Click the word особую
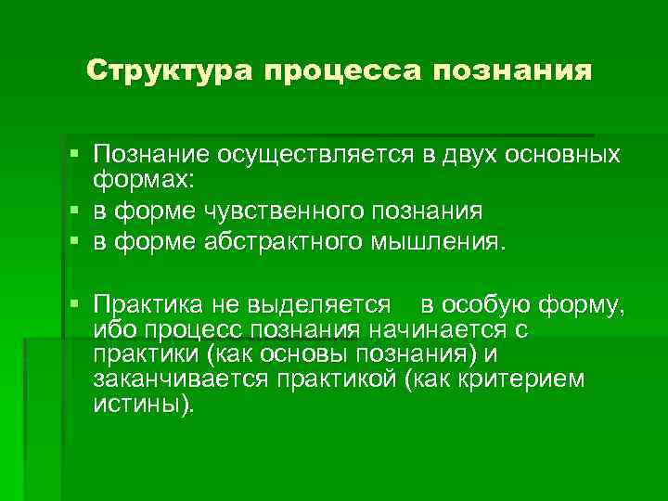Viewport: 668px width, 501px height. pos(492,304)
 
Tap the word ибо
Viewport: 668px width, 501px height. pos(111,331)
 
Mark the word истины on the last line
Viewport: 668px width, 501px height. pos(142,405)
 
